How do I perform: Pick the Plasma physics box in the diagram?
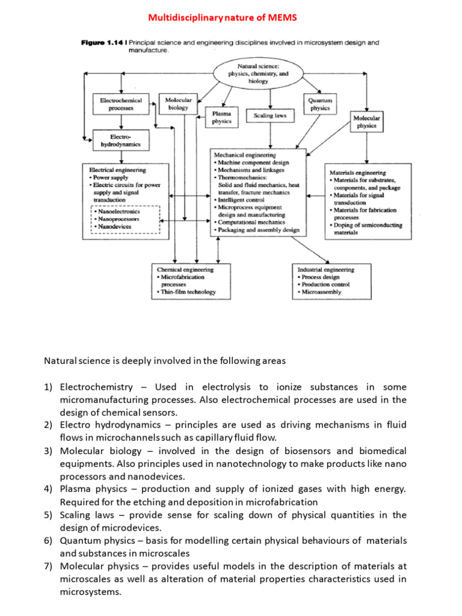point(221,117)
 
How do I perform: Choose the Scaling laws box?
point(269,115)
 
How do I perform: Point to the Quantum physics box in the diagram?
point(320,104)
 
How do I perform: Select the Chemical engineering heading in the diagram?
point(185,269)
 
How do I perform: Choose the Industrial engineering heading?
point(325,269)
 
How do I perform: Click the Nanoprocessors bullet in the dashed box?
point(119,220)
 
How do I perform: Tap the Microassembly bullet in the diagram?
point(319,292)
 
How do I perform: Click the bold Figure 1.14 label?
point(102,43)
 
